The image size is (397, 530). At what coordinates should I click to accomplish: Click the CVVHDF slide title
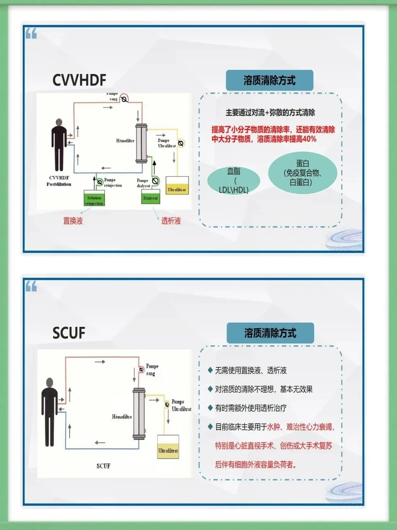[79, 80]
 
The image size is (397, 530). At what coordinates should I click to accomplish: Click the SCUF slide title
[69, 333]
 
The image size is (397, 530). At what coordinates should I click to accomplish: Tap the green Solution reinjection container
[94, 198]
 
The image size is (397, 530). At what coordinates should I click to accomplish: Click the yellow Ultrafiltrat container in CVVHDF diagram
[177, 186]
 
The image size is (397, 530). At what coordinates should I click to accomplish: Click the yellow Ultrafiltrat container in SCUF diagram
[168, 447]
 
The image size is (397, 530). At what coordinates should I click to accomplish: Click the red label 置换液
[73, 221]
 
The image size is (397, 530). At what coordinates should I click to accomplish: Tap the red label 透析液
[171, 221]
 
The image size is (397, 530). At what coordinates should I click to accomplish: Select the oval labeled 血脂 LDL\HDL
[234, 180]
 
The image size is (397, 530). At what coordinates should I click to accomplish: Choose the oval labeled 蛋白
[303, 173]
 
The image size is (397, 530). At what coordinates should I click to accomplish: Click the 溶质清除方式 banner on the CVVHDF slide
[269, 81]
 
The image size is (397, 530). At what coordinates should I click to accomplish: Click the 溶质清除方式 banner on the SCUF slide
[270, 333]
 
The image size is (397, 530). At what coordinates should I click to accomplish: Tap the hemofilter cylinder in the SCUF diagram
[139, 414]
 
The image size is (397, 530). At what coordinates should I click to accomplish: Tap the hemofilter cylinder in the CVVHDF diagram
[141, 143]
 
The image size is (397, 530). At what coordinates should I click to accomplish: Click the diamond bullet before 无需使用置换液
[210, 370]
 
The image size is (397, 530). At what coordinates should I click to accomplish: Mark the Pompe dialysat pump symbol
[155, 181]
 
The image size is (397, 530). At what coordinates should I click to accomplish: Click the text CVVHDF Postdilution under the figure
[59, 181]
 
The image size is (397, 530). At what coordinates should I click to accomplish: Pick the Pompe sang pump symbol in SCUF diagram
[142, 369]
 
